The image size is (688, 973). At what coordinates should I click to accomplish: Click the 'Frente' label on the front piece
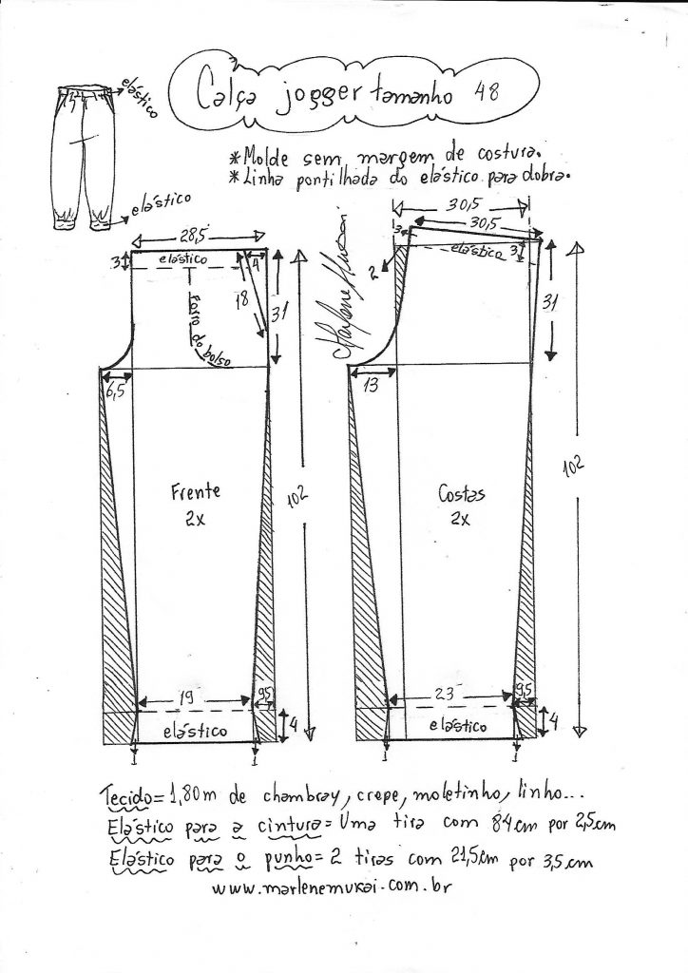point(196,491)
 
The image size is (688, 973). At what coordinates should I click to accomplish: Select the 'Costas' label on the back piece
point(463,494)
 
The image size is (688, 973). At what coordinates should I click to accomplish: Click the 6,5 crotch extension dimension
point(116,391)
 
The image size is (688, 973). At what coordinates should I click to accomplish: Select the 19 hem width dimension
point(188,698)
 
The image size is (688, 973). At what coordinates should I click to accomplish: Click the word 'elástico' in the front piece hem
point(194,731)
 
